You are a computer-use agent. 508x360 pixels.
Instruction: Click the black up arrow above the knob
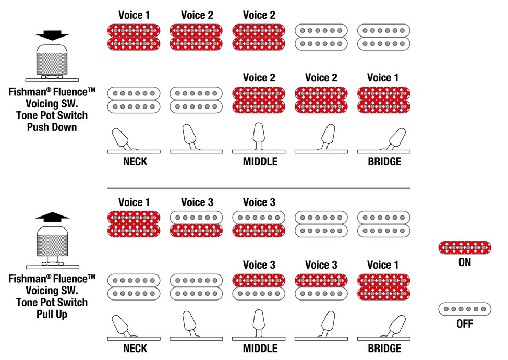pyautogui.click(x=52, y=217)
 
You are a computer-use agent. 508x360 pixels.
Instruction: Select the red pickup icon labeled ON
pyautogui.click(x=465, y=247)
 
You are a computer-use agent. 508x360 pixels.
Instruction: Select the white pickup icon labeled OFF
pyautogui.click(x=465, y=309)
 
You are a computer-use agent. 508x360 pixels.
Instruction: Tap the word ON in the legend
pyautogui.click(x=465, y=262)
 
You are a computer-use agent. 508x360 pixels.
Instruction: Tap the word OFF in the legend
pyautogui.click(x=465, y=323)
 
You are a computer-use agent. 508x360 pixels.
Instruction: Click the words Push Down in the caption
pyautogui.click(x=52, y=127)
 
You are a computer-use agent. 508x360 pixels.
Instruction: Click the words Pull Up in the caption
pyautogui.click(x=52, y=314)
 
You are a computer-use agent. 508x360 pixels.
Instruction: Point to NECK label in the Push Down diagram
pyautogui.click(x=135, y=161)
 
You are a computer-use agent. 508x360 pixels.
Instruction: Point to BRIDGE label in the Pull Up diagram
pyautogui.click(x=384, y=349)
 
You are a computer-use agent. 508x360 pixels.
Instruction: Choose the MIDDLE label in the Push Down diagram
pyautogui.click(x=260, y=161)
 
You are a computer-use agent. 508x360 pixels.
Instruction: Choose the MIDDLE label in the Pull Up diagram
pyautogui.click(x=260, y=349)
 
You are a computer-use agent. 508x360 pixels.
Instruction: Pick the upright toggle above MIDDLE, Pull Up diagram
pyautogui.click(x=259, y=323)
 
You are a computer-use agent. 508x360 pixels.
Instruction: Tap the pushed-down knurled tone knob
pyautogui.click(x=52, y=61)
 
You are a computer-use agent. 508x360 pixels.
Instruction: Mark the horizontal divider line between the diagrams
pyautogui.click(x=259, y=188)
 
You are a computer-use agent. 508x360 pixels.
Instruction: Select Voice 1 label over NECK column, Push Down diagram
pyautogui.click(x=134, y=15)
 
